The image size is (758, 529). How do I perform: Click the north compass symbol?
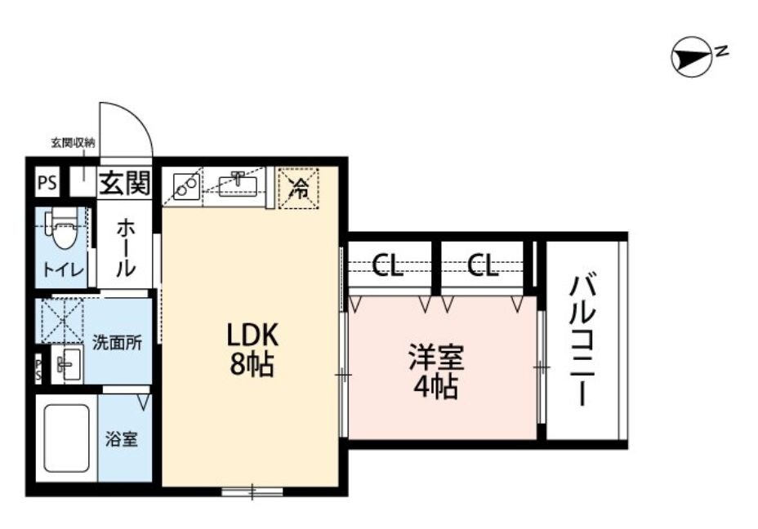(x=689, y=57)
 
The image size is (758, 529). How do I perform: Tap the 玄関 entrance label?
(x=125, y=183)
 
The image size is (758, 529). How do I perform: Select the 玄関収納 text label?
(x=74, y=142)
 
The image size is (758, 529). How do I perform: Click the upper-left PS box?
(x=47, y=183)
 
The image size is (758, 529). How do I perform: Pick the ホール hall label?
(x=126, y=247)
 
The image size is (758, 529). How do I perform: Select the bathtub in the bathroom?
(x=65, y=439)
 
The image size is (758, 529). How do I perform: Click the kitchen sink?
(x=239, y=187)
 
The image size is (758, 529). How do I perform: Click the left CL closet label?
(x=387, y=266)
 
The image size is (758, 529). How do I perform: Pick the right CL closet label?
(x=482, y=266)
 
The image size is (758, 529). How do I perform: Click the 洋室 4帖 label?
(x=435, y=371)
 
